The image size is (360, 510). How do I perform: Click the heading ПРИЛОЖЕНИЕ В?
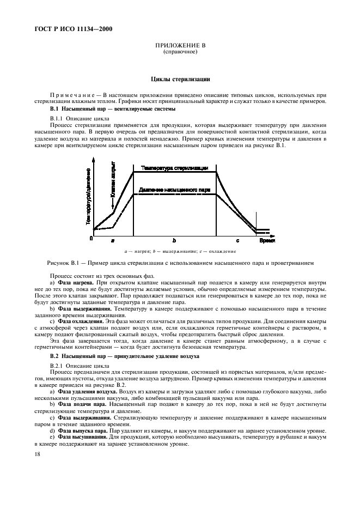[180, 47]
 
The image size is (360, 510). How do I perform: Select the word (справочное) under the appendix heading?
[180, 53]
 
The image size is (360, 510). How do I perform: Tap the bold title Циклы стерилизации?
[180, 80]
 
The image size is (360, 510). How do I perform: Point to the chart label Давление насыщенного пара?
[174, 190]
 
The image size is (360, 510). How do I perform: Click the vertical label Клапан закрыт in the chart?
[113, 179]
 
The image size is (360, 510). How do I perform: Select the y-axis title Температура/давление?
[88, 197]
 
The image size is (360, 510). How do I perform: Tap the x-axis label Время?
[267, 240]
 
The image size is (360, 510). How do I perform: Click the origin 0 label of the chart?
[91, 239]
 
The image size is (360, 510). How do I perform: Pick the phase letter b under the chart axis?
[174, 240]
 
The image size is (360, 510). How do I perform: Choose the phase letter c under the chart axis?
[237, 240]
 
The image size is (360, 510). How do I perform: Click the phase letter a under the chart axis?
[113, 240]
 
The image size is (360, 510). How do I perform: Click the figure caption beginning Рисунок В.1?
[180, 263]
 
